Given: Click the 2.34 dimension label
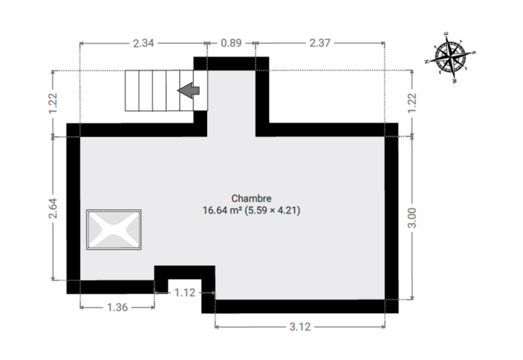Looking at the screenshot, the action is tap(144, 44).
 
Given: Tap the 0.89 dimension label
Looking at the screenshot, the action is tap(231, 44).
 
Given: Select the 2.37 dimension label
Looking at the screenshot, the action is tap(319, 44).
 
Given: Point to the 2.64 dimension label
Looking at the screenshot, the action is tap(53, 208).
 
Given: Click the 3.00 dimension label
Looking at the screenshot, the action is tap(412, 218).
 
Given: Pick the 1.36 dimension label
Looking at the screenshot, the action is tap(117, 308).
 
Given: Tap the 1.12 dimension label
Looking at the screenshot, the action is tap(185, 293).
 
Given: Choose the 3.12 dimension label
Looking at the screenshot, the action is tap(300, 327).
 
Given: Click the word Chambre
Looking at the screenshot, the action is tap(251, 198).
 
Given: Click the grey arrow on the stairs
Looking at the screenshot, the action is tap(189, 91).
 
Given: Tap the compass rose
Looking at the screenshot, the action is tap(451, 57).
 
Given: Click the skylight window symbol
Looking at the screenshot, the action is tap(114, 229).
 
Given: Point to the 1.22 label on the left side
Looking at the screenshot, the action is tap(53, 103).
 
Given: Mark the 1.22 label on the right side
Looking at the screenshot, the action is tap(412, 103).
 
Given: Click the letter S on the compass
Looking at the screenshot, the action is tap(474, 52).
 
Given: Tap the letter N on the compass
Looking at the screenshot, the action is tap(426, 61).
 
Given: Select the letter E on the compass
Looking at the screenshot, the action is tap(446, 33).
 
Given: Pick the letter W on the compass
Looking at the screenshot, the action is tap(455, 81).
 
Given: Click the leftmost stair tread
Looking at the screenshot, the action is tap(132, 91).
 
